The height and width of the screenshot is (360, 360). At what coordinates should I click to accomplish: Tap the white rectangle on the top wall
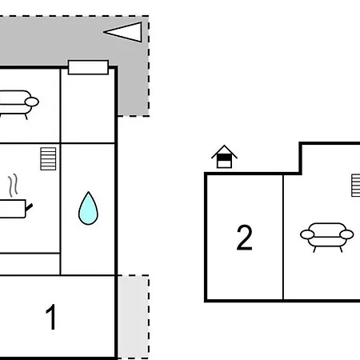[x=88, y=67]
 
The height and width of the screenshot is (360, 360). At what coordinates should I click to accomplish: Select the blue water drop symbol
[x=88, y=209]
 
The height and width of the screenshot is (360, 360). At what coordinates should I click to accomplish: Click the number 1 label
[x=51, y=317]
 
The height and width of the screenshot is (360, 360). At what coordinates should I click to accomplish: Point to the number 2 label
[x=244, y=238]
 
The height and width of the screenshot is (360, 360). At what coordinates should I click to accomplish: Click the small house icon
[x=224, y=157]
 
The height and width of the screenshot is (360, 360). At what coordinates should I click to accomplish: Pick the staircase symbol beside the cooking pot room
[x=48, y=158]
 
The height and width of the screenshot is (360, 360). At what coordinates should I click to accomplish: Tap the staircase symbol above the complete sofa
[x=356, y=186]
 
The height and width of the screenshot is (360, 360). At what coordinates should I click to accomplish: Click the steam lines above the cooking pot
[x=14, y=186]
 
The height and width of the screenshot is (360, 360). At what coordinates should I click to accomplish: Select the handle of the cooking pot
[x=29, y=207]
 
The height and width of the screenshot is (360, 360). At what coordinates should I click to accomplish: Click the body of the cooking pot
[x=13, y=209]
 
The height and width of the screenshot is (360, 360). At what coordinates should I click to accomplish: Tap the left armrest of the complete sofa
[x=307, y=234]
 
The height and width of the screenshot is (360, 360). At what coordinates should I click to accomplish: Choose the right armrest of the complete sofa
[x=346, y=234]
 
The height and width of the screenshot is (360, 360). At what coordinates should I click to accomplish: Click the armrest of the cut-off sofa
[x=32, y=102]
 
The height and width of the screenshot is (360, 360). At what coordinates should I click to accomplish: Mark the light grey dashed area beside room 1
[x=133, y=317]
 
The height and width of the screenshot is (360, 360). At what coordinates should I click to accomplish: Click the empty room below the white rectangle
[x=88, y=108]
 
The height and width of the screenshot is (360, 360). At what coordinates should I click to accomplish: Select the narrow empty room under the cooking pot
[x=30, y=264]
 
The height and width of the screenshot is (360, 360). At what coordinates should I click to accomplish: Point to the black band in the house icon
[x=224, y=158]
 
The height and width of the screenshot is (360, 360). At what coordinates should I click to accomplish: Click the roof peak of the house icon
[x=224, y=146]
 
